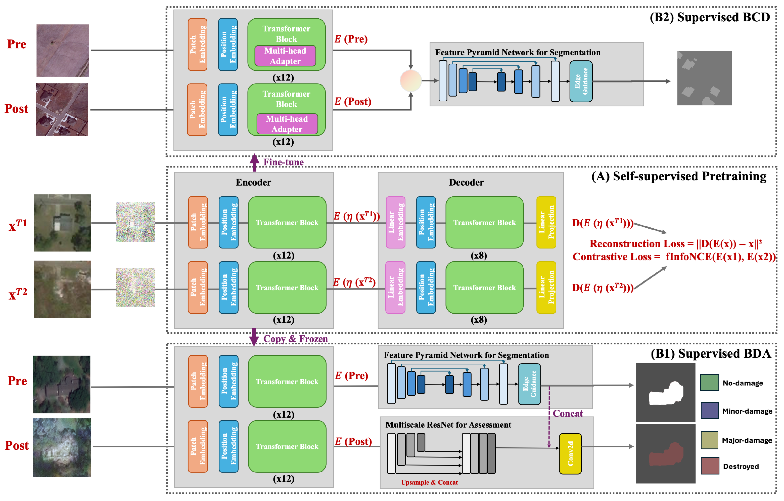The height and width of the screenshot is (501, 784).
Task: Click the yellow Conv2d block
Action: pos(570,453)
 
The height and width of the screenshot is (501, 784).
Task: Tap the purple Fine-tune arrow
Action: pos(254,162)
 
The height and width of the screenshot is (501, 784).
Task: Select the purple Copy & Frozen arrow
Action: pos(254,338)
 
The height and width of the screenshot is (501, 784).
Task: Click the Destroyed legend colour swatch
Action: pos(710,466)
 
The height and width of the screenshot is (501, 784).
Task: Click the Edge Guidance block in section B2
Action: pos(581,81)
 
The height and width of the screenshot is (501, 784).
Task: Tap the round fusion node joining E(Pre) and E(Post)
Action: pos(410,80)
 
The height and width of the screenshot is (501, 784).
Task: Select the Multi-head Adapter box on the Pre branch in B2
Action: pos(285,56)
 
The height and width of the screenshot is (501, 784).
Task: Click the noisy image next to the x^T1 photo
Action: pos(135,222)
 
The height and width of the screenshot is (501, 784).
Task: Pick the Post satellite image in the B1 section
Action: pos(62,448)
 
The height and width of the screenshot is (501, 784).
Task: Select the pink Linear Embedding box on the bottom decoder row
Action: pos(395,287)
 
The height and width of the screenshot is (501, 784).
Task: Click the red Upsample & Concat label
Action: pos(429,482)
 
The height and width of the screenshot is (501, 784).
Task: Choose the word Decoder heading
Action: pos(466,182)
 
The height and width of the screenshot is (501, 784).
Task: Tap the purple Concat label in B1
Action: pos(568,413)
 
